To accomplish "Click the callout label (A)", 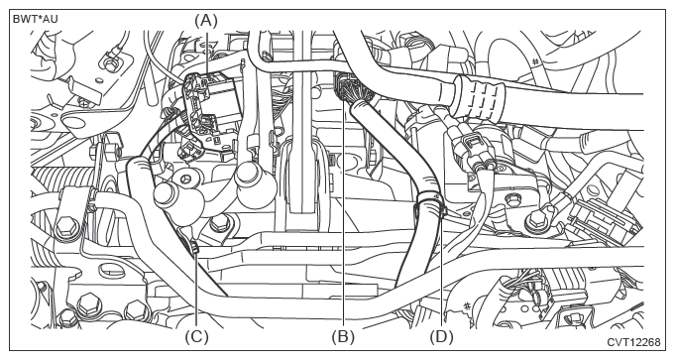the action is (206, 20).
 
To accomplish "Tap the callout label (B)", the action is (343, 337).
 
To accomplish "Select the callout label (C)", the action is (196, 337).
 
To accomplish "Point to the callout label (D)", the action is (442, 337).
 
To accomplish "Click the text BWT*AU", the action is (36, 19).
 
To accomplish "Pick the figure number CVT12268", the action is (633, 342).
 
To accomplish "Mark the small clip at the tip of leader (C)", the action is (194, 248).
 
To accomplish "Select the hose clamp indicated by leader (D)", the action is (431, 203).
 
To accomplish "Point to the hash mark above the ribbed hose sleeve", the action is (534, 62).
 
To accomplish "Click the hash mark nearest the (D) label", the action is (466, 306).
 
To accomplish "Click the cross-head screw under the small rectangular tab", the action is (82, 101).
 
